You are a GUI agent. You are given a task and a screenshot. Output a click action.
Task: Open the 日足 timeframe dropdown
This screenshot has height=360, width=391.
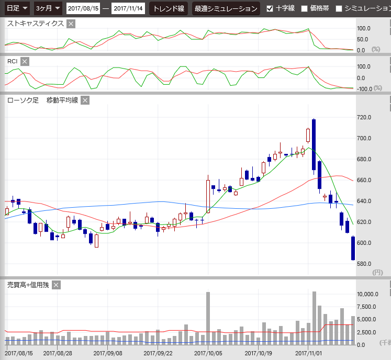[16, 8]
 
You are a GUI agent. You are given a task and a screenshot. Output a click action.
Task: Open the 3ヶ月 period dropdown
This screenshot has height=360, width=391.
[48, 8]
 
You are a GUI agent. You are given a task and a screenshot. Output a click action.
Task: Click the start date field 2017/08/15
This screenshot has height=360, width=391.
[83, 8]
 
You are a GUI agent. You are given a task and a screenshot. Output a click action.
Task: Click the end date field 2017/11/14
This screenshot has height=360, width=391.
[128, 8]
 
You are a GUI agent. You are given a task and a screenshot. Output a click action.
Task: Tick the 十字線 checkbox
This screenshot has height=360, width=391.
[270, 8]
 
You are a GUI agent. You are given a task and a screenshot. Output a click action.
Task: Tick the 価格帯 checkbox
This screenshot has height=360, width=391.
[304, 8]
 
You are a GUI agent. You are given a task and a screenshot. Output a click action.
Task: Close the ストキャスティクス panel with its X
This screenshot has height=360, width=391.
[71, 24]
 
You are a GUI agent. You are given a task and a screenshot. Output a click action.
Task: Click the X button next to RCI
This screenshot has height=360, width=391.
[25, 62]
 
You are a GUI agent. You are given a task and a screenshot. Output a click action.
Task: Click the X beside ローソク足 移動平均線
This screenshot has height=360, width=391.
[85, 100]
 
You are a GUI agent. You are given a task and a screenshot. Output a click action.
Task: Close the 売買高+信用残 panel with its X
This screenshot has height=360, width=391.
[57, 285]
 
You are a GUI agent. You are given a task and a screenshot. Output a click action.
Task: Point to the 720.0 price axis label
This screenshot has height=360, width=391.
[364, 117]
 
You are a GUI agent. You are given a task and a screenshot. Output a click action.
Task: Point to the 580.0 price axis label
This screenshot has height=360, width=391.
[364, 264]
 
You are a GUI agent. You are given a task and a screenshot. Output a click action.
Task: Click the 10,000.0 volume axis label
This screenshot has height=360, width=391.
[367, 294]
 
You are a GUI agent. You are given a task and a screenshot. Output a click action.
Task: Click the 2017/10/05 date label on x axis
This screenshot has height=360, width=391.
[208, 353]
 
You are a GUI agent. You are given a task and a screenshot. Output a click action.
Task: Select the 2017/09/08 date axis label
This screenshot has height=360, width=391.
[108, 353]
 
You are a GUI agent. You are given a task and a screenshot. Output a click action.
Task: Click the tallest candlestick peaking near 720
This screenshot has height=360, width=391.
[314, 145]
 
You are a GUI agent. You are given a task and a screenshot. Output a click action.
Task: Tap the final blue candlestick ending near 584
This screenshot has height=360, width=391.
[353, 248]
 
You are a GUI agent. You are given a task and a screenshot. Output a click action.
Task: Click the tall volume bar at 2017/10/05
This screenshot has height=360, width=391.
[208, 318]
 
